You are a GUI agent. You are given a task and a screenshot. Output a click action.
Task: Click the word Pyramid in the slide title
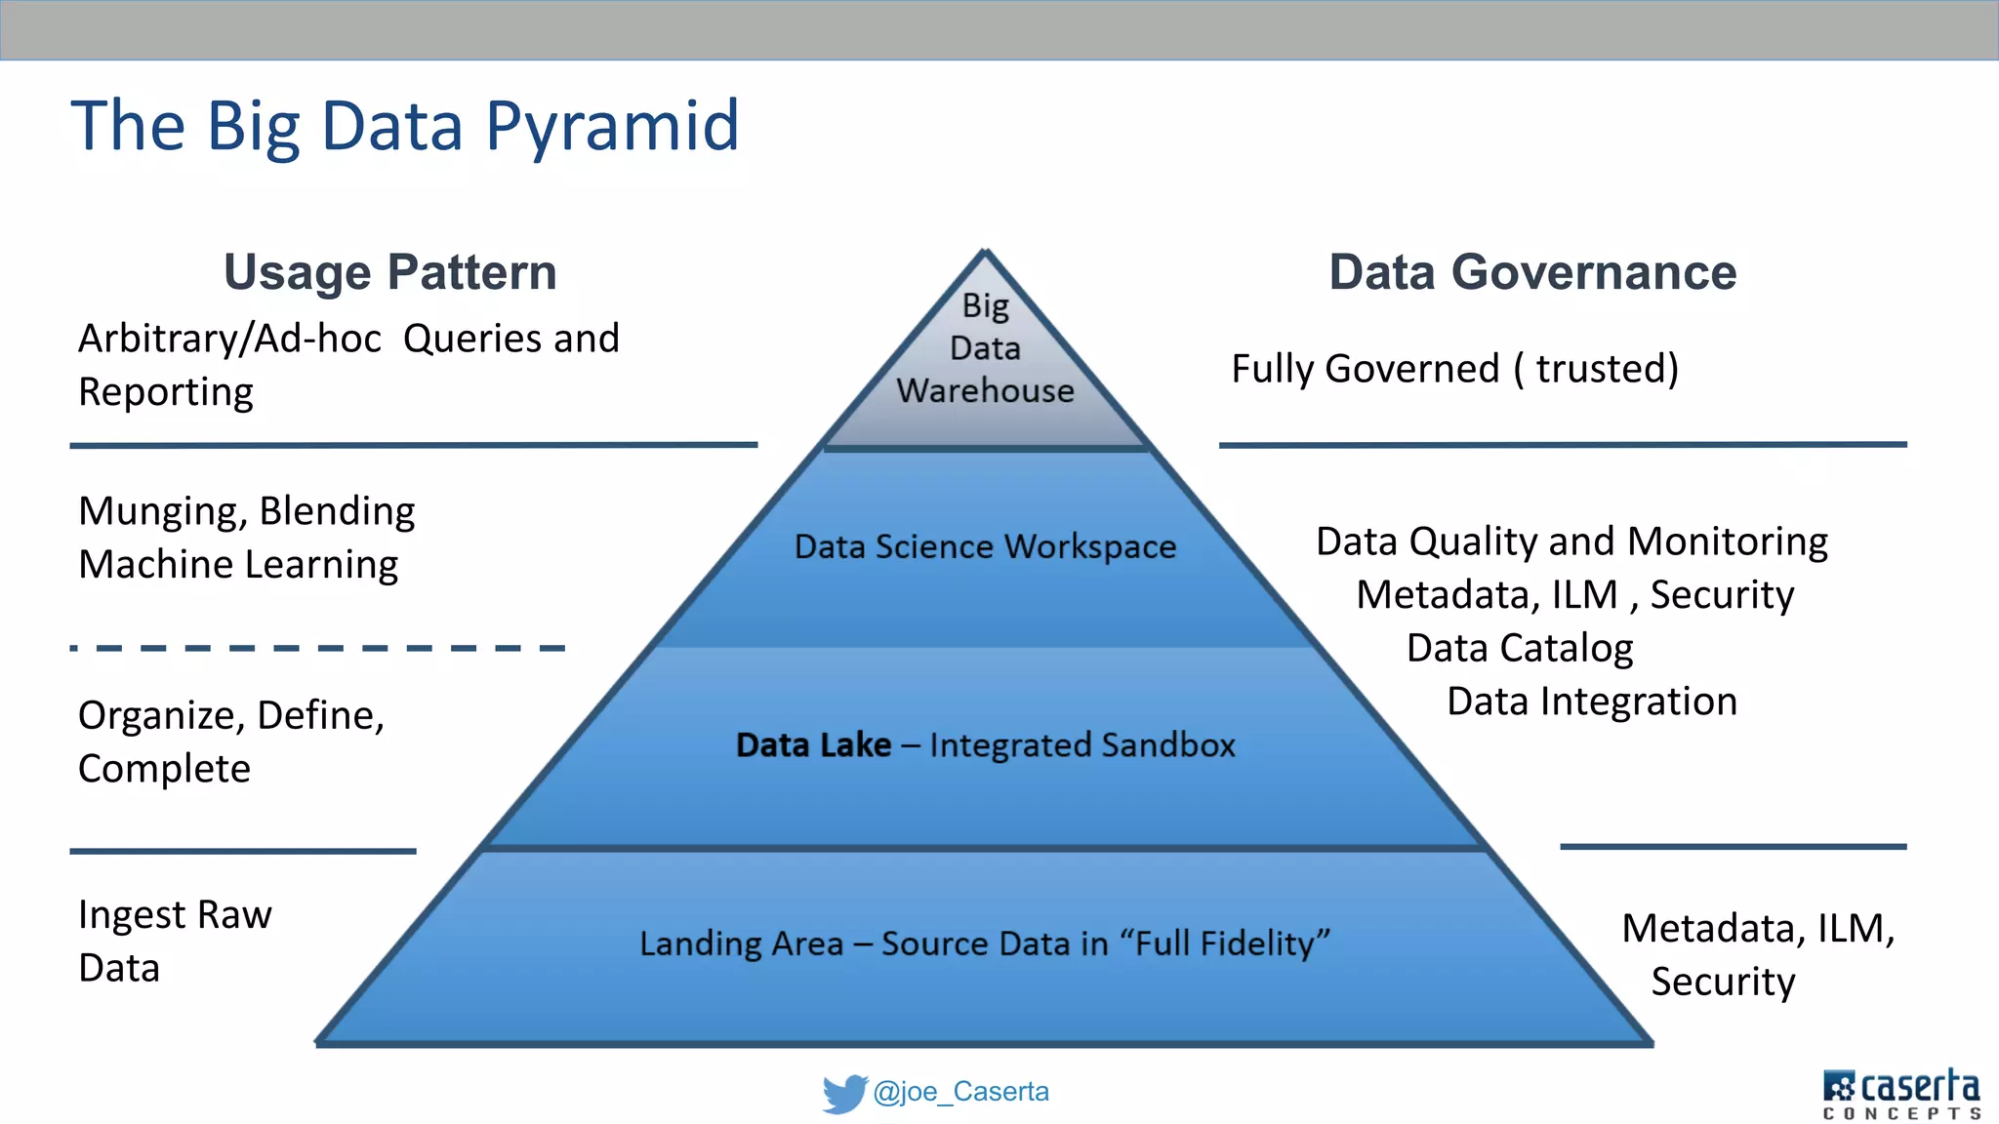coord(612,127)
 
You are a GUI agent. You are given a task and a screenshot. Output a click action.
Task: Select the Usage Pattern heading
coord(390,272)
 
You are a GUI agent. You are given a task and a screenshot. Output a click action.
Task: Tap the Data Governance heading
coord(1532,272)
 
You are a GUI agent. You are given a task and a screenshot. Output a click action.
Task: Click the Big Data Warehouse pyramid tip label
coord(985,348)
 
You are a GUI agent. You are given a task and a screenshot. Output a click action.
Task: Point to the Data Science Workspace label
coord(985,546)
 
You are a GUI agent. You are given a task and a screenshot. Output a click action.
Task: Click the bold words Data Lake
coord(813,745)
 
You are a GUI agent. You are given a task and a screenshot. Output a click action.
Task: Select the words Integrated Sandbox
coord(1081,745)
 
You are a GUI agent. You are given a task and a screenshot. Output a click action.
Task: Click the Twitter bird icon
coord(844,1093)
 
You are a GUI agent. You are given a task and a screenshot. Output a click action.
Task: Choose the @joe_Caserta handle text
coord(960,1092)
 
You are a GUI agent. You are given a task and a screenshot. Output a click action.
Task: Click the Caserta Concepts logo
coord(1901,1094)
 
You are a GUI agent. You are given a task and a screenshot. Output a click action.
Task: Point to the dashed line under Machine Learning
coord(318,648)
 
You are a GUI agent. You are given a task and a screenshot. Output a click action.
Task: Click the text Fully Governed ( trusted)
coord(1454,369)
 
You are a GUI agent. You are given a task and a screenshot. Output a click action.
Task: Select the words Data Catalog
coord(1520,649)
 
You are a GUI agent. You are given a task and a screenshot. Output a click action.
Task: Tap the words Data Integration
coord(1592,702)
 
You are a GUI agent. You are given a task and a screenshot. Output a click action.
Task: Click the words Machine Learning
coord(238,565)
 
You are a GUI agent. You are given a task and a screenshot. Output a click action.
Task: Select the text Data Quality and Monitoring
coord(1571,542)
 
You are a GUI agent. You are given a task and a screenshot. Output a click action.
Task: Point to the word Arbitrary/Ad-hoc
coord(229,340)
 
